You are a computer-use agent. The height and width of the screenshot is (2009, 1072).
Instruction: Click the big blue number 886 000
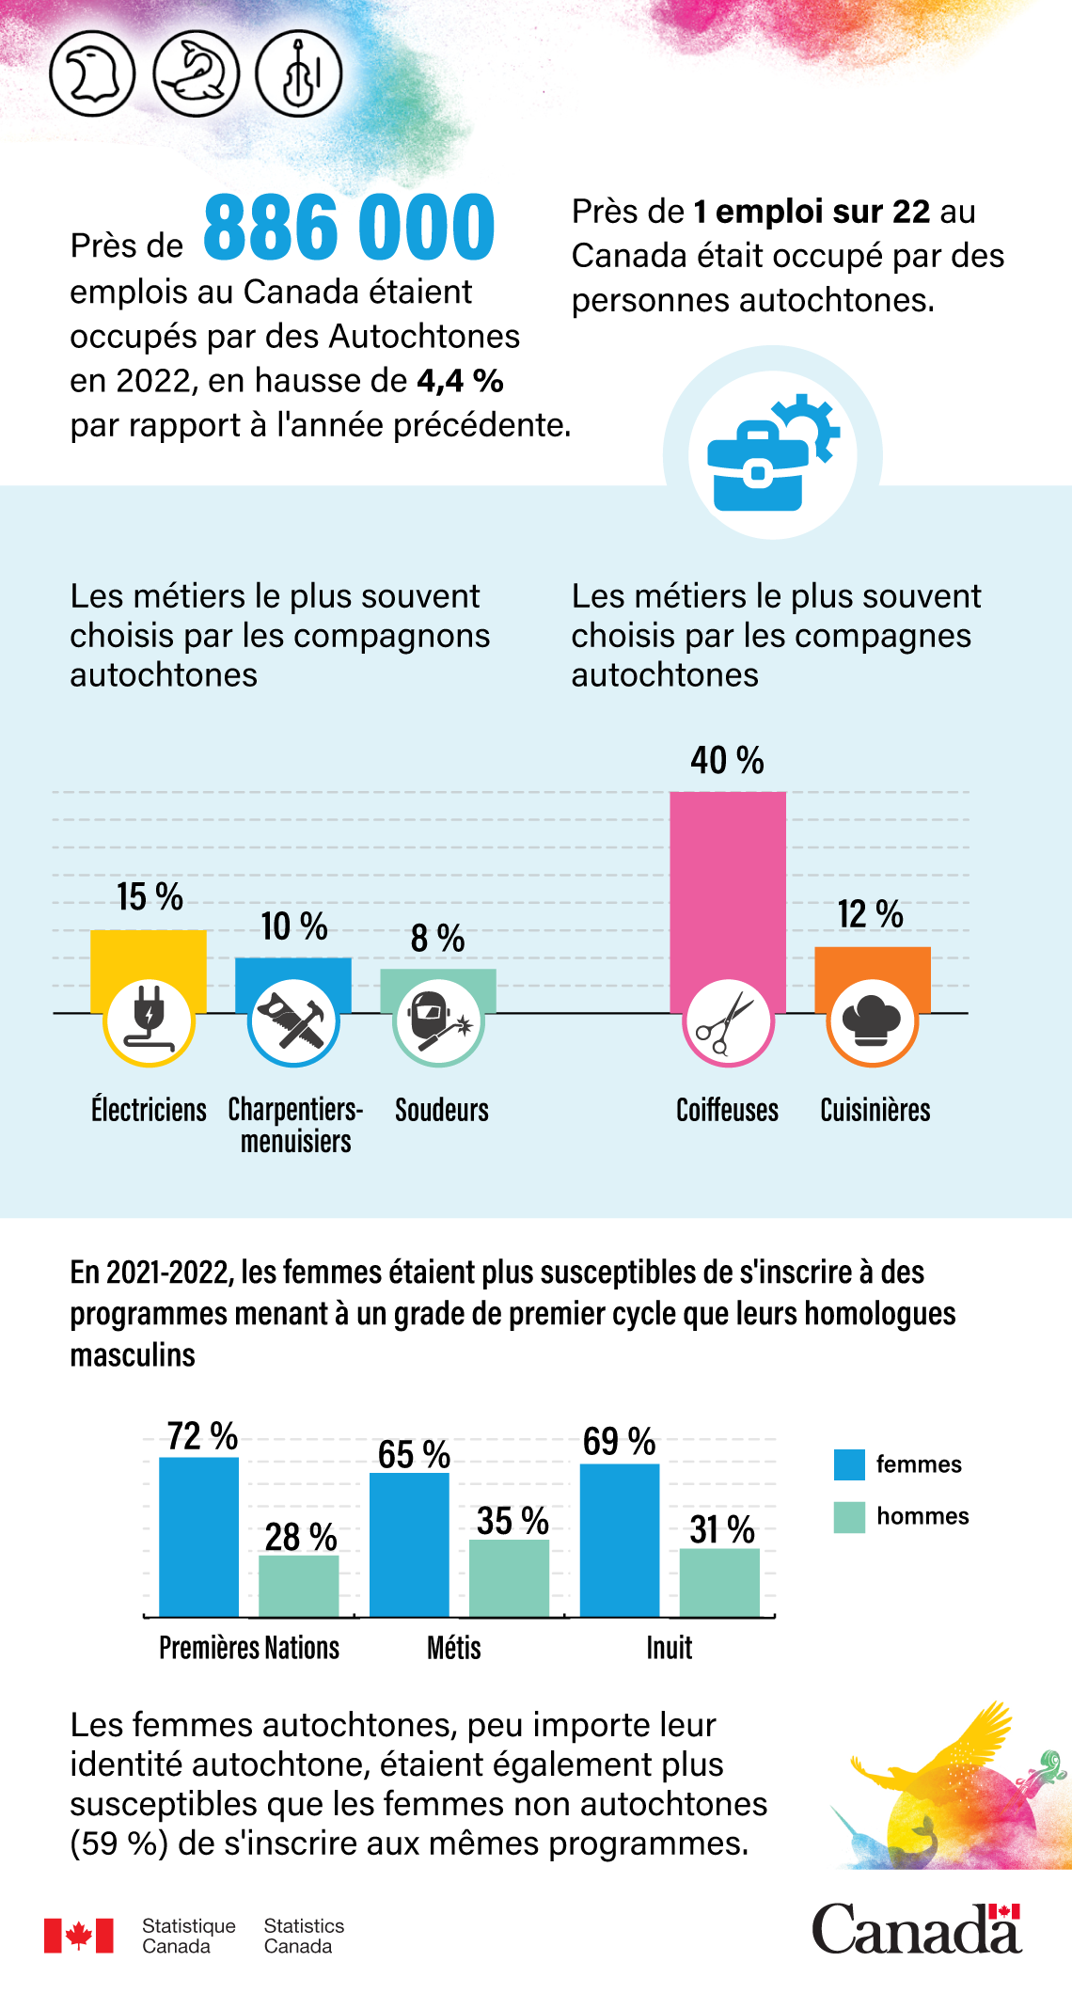[x=349, y=229]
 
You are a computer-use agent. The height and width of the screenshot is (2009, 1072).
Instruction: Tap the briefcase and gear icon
[x=772, y=454]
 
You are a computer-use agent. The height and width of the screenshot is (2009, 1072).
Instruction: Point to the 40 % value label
[x=727, y=761]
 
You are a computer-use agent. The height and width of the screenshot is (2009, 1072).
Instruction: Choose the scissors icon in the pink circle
[x=727, y=1022]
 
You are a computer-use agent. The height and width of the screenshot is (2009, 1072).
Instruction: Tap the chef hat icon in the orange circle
[x=872, y=1021]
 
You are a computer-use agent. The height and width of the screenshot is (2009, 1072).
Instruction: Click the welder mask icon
[x=437, y=1021]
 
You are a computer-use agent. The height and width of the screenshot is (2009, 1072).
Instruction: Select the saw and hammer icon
[x=293, y=1021]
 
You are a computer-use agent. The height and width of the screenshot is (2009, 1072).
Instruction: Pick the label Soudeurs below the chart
[x=441, y=1111]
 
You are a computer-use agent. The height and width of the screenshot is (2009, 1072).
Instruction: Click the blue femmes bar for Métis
[x=409, y=1544]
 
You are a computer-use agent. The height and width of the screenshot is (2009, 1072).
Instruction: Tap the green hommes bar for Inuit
[x=719, y=1583]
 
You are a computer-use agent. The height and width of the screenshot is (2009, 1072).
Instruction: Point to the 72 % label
[x=202, y=1437]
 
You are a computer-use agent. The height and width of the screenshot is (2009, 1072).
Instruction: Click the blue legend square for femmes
[x=849, y=1464]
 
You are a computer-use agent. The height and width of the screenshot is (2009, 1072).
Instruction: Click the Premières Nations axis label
[x=249, y=1649]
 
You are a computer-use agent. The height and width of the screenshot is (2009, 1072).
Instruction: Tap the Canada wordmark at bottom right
[x=916, y=1930]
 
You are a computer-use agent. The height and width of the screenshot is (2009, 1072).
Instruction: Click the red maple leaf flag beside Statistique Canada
[x=78, y=1936]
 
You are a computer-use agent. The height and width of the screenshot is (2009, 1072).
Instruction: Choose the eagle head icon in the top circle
[x=92, y=74]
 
